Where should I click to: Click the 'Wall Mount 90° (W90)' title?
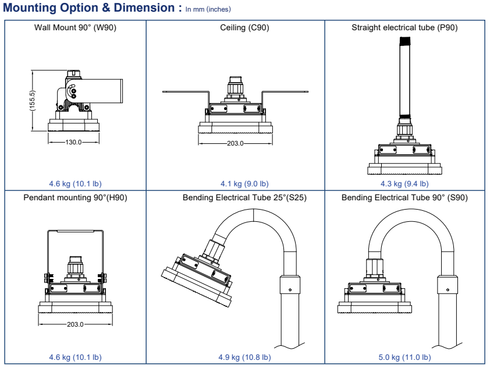point(76,28)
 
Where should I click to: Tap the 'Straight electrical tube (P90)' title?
point(404,28)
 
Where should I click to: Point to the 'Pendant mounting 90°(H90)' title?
point(76,197)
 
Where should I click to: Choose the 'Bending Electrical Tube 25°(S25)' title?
point(244,197)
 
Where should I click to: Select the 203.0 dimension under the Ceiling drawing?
point(236,142)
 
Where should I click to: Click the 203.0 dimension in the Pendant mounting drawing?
point(76,324)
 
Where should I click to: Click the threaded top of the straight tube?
point(404,41)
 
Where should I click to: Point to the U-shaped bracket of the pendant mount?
point(75,233)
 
